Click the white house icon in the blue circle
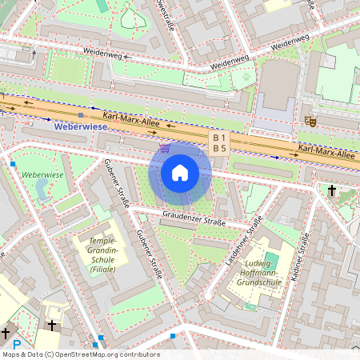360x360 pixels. [180, 173]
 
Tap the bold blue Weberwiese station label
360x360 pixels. [80, 126]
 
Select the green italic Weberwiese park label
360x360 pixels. [42, 174]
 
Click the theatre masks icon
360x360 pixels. [310, 121]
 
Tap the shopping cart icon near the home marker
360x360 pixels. [165, 148]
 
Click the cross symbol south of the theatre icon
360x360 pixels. [332, 190]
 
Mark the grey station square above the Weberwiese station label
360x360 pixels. [80, 116]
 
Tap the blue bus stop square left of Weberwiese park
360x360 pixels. [13, 163]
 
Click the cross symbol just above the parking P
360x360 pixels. [6, 331]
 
